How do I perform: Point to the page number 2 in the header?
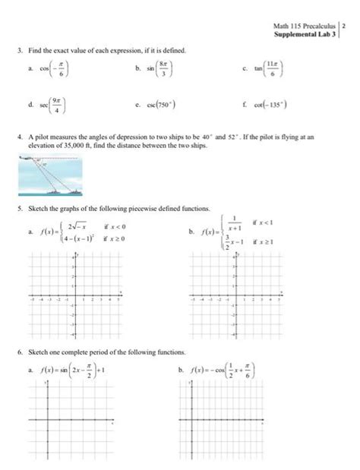(x=344, y=27)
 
